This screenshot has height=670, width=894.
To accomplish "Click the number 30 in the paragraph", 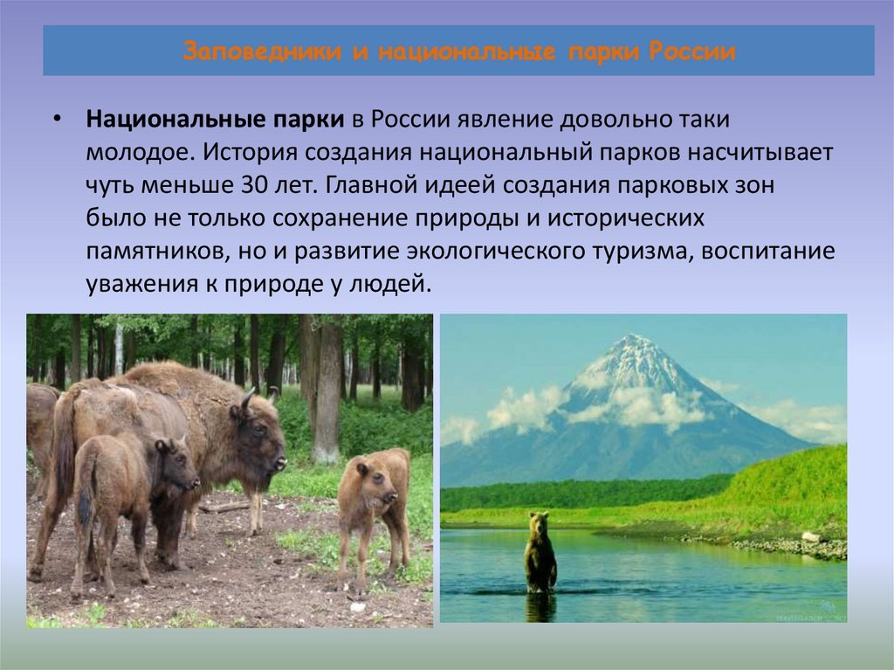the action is pyautogui.click(x=248, y=186).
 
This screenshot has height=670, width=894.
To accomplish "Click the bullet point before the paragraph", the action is pyautogui.click(x=57, y=121).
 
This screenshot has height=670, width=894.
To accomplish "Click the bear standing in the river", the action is pyautogui.click(x=540, y=554).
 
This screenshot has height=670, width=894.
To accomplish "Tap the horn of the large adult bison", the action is pyautogui.click(x=247, y=399).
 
